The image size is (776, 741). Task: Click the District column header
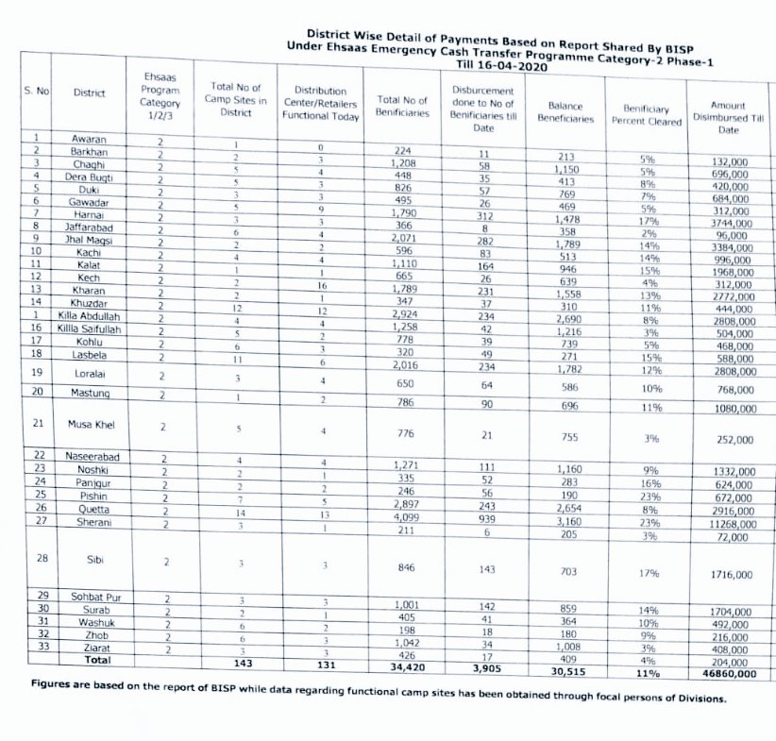coord(92,93)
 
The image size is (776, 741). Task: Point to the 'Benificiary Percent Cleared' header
coord(646,115)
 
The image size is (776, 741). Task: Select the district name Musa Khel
coord(92,425)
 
